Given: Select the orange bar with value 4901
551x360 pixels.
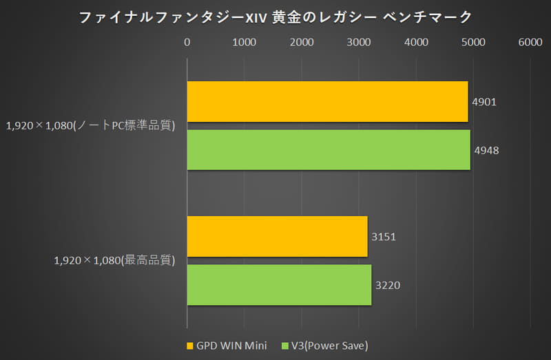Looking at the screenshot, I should pos(327,102).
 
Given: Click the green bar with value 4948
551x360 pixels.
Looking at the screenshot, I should pos(329,150).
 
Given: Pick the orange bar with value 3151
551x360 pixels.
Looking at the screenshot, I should pos(277,236).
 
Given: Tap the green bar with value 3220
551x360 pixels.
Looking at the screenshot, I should pos(279,285).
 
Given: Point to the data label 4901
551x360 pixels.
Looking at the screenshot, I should pos(485,102).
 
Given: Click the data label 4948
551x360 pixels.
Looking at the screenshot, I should pos(487,150).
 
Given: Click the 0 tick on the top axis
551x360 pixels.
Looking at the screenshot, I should pos(187,43).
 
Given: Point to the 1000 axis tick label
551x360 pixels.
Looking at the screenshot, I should pos(245,43).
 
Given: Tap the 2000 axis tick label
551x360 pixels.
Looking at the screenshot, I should pos(302,43).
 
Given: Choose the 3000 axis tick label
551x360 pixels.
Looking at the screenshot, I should pos(359,43).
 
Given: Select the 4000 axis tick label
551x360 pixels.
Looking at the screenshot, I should pos(416,43).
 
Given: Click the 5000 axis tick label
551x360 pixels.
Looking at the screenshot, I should pos(473,43).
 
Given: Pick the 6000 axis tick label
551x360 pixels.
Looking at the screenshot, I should pos(530,43).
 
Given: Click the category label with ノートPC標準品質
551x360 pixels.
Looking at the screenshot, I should pos(91,126).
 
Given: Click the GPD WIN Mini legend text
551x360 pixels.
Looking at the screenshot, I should pos(233,345).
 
